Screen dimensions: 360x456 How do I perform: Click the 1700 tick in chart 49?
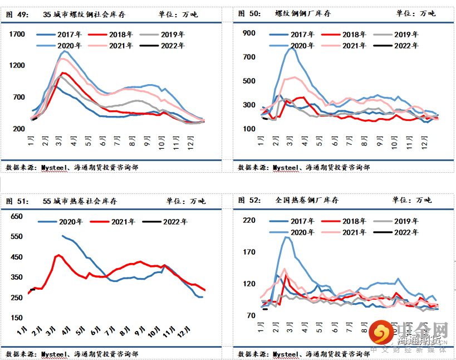tap(17, 35)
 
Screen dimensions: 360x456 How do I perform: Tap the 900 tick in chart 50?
tap(249, 33)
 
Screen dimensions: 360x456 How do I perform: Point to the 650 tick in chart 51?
tap(17, 216)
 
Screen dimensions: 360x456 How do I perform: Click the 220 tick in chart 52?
tap(249, 221)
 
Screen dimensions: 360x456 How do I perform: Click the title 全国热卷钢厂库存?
tap(307, 200)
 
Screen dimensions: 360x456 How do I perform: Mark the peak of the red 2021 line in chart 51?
tap(59, 255)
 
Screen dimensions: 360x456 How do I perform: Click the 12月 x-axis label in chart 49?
tap(189, 138)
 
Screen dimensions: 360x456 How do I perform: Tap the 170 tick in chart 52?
tap(249, 252)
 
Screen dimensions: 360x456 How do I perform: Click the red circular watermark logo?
tap(381, 333)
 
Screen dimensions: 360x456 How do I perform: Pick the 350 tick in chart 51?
tap(17, 277)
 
